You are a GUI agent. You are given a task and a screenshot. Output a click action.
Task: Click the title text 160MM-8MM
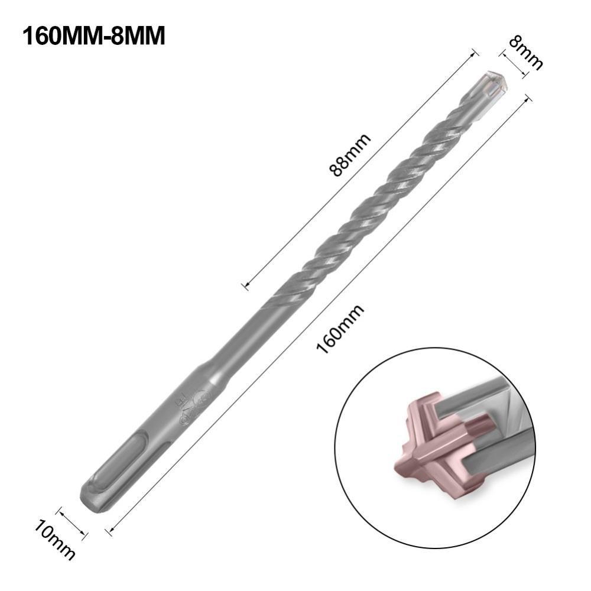click(93, 36)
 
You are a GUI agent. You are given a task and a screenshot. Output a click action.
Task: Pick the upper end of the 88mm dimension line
click(473, 53)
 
